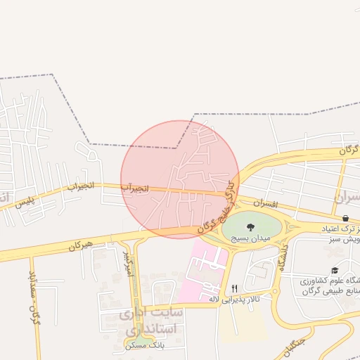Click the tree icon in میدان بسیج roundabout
click(x=250, y=226)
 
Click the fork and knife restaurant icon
click(x=234, y=288)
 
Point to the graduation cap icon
click(x=335, y=270)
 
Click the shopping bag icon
click(x=345, y=219)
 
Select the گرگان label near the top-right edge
click(x=348, y=150)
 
